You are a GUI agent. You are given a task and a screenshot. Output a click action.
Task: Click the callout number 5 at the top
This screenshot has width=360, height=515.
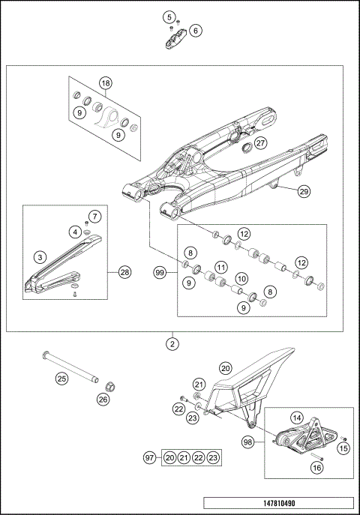point(169,16)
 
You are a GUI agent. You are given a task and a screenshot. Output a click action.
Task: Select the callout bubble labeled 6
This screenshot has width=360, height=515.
point(195,31)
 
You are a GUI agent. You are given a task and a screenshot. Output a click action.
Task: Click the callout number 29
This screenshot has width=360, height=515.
point(304,191)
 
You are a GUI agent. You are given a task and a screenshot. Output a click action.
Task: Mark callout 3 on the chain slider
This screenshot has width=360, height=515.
point(38,256)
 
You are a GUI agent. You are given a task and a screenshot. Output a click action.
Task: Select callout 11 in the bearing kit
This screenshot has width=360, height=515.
point(221,267)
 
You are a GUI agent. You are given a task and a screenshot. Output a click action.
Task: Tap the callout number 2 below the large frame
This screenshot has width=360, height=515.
point(173,346)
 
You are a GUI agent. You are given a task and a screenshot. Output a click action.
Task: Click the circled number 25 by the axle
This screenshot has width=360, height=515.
point(61,379)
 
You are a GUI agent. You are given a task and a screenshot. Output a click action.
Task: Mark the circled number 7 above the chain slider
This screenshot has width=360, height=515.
point(94,217)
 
